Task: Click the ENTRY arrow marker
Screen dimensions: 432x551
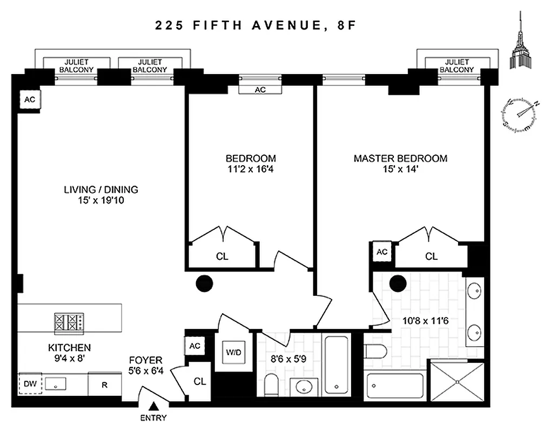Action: click(x=154, y=407)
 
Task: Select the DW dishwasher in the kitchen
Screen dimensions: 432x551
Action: click(x=29, y=384)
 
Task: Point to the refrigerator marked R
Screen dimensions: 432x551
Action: click(x=104, y=385)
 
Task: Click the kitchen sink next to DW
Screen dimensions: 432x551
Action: click(x=55, y=384)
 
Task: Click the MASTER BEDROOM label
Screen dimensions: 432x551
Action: click(x=400, y=158)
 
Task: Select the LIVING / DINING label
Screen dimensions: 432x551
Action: click(x=101, y=190)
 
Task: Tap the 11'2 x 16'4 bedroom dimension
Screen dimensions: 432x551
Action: click(x=250, y=169)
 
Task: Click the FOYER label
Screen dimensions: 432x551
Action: click(x=145, y=360)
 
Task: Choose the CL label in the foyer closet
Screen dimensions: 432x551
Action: click(x=200, y=381)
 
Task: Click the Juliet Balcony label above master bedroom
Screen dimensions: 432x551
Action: click(x=456, y=66)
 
